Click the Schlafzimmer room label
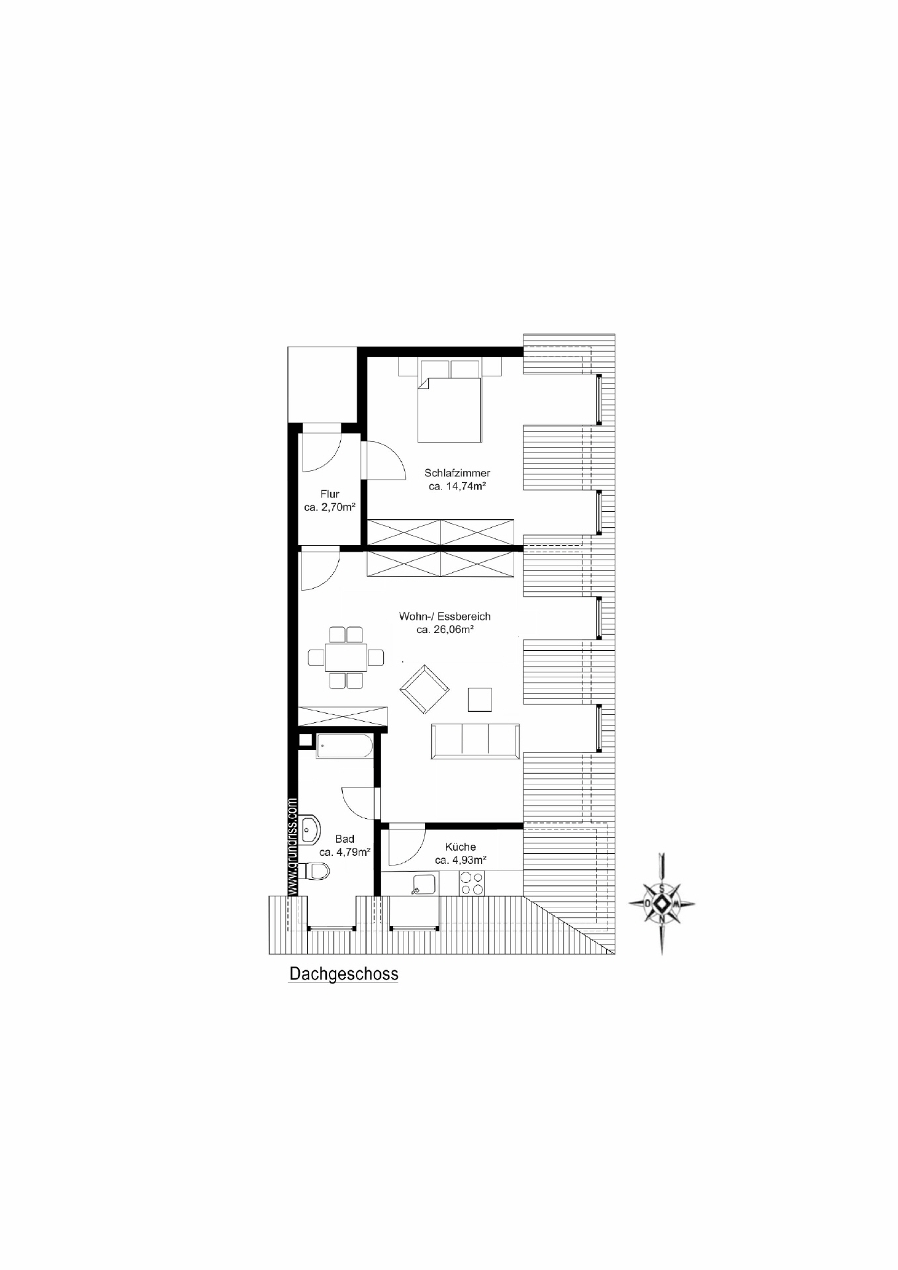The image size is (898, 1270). (x=457, y=473)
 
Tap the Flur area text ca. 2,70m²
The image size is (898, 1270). (x=330, y=507)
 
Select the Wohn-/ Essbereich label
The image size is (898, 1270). (x=445, y=616)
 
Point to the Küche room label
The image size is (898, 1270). (x=461, y=847)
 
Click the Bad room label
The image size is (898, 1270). (x=344, y=839)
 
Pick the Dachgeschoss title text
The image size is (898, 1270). (x=344, y=974)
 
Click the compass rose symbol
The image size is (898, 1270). (x=662, y=904)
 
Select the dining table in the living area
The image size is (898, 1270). (x=345, y=657)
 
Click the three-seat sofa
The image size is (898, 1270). (x=475, y=741)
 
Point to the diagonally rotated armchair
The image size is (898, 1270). (x=424, y=689)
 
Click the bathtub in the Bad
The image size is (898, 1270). (x=344, y=745)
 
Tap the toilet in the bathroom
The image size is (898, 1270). (x=315, y=872)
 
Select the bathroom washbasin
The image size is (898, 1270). (x=309, y=830)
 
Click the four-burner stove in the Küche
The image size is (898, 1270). (x=472, y=884)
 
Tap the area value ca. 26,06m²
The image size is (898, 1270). (x=445, y=630)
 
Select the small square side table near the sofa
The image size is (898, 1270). (x=480, y=700)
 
